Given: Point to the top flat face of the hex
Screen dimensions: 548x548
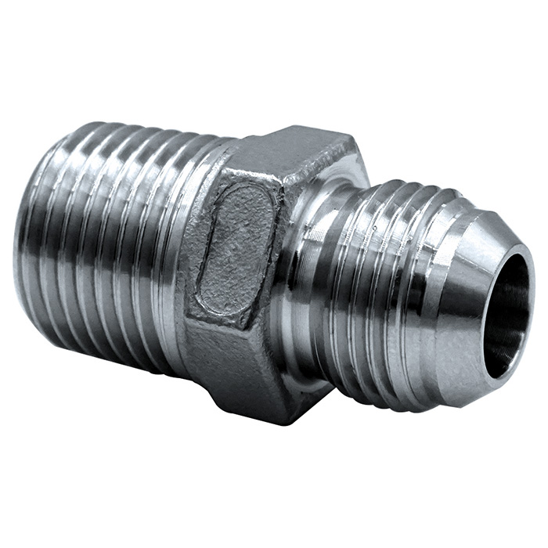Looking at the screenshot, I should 297,153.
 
